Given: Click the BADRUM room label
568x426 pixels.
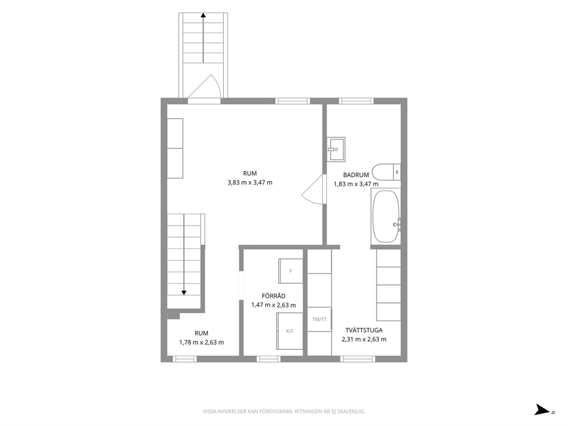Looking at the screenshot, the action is point(356,175).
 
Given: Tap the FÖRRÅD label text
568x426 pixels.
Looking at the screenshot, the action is point(274,296).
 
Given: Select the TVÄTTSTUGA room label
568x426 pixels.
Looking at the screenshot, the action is point(364,330).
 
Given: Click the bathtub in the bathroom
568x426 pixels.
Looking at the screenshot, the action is point(386,216).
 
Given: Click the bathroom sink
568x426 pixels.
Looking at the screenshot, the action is point(336,149).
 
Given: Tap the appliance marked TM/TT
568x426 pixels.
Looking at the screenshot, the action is point(319,319).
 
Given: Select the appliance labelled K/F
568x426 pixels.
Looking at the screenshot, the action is point(290,331).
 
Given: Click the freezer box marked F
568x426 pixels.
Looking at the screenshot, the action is point(290,271).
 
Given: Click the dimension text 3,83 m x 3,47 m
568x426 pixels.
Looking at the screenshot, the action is point(250,183).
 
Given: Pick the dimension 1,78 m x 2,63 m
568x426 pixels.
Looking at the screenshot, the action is point(202,342).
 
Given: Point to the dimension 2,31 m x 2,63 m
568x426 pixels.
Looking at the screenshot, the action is point(364,340).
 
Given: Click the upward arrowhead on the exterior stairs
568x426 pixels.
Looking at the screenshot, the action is point(203,15).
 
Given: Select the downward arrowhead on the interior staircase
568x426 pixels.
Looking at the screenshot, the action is point(184,293).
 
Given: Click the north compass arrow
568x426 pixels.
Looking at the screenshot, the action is point(543,409).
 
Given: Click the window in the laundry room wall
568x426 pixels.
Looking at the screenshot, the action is point(358,359).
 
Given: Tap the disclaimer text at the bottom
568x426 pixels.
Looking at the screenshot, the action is point(283,411).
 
